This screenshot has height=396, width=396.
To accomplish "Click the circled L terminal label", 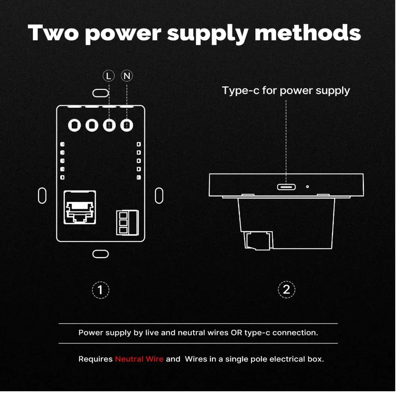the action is [x=109, y=76].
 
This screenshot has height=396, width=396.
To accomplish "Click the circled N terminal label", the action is [x=127, y=76].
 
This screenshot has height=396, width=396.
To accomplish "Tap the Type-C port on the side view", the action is [x=286, y=187].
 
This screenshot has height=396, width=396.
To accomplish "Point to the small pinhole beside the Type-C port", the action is [x=307, y=187].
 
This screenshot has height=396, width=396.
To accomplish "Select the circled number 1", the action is [x=101, y=290].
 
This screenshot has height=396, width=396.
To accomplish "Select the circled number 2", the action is [x=286, y=290].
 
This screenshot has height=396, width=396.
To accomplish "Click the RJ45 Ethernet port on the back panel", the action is [x=80, y=208].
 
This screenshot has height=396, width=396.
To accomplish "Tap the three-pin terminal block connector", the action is [x=128, y=223].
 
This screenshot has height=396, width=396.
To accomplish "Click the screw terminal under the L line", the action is [x=109, y=125].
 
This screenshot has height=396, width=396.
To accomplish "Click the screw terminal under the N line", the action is [x=127, y=125].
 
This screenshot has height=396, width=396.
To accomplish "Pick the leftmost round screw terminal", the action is [x=74, y=125].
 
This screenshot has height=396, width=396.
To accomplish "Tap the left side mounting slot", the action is [x=42, y=196].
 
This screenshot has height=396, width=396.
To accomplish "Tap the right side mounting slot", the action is [x=159, y=196].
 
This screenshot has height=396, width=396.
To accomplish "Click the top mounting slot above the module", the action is [x=101, y=93].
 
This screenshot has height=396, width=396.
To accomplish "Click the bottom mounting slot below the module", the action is [x=101, y=254].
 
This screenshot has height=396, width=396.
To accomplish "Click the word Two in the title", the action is [x=53, y=32].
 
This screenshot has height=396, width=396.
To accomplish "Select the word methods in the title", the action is [x=308, y=32].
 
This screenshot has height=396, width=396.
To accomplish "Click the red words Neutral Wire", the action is [x=139, y=359].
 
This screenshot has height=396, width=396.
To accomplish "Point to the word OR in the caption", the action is [x=236, y=333].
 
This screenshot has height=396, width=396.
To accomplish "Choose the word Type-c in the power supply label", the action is [x=240, y=91].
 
